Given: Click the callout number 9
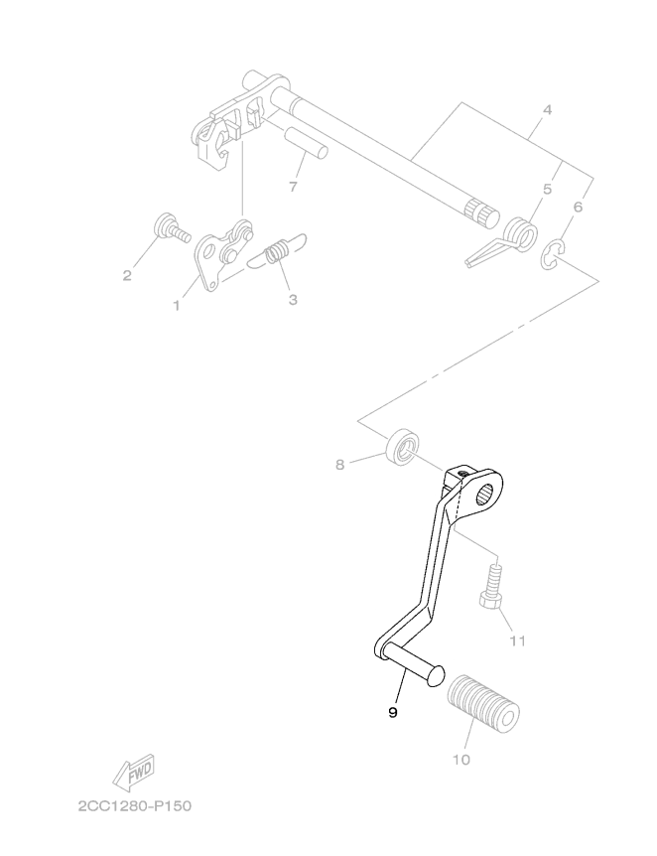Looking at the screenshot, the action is click(392, 712).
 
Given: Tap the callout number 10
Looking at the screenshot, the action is click(461, 760).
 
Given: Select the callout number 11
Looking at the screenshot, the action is click(517, 641).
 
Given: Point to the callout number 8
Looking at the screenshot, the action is click(339, 465).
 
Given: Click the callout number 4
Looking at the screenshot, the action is click(547, 109).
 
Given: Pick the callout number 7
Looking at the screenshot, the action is click(293, 187).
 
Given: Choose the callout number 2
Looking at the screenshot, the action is click(127, 276).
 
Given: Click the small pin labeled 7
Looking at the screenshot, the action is click(306, 141).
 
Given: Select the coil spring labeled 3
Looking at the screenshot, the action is click(277, 253).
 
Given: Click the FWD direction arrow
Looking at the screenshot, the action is click(134, 774).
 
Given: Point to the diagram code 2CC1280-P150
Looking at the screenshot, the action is click(135, 805).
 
